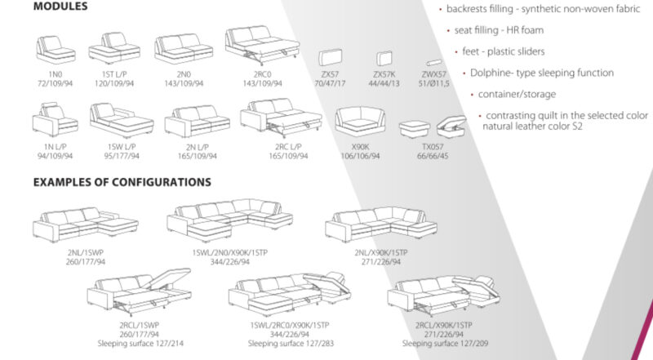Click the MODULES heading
click(x=60, y=7)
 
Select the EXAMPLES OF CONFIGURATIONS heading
click(x=122, y=182)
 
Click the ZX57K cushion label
click(x=383, y=75)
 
